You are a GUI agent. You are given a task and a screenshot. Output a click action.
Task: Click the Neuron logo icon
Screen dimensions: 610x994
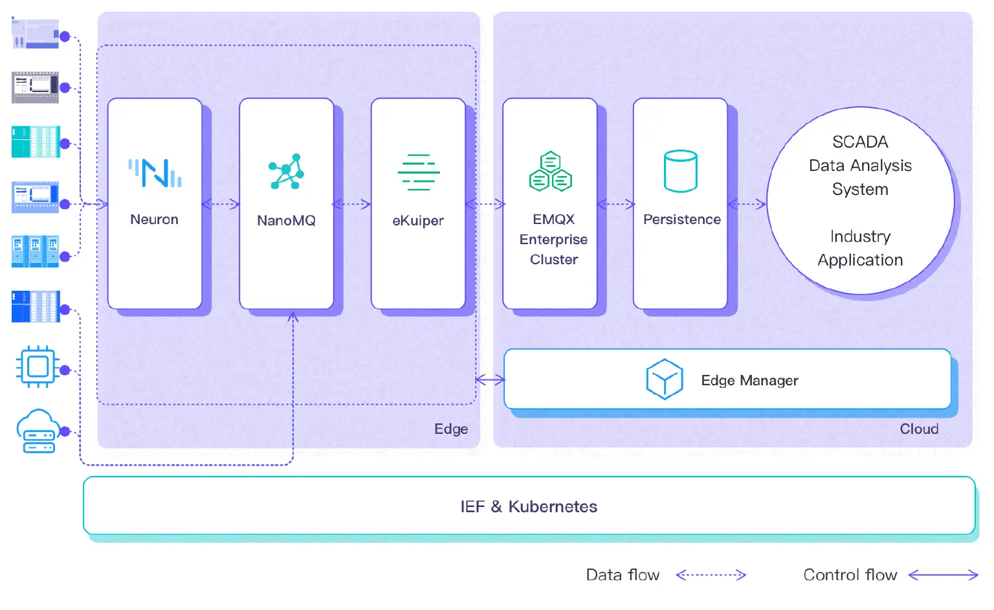pos(155,173)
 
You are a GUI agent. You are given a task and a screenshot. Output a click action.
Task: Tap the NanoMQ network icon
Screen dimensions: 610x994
pos(286,172)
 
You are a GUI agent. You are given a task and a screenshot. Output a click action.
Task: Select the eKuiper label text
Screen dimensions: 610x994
pos(418,221)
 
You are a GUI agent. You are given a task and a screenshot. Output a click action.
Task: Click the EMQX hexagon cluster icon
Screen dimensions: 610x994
pos(551,172)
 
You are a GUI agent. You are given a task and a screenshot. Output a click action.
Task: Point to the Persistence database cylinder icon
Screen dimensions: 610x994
pos(681,172)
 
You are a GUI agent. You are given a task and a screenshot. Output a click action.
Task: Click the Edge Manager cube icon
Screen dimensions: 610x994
pos(665,379)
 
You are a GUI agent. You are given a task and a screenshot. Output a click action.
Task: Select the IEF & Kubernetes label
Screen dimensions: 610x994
pos(529,506)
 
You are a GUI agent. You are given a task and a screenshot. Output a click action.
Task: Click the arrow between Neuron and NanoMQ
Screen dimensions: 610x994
pos(221,205)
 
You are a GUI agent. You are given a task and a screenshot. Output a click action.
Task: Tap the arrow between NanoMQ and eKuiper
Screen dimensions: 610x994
pos(352,205)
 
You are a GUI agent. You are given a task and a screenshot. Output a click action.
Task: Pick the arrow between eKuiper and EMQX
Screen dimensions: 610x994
pos(485,205)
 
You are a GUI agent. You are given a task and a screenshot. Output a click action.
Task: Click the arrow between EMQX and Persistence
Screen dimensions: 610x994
pos(615,205)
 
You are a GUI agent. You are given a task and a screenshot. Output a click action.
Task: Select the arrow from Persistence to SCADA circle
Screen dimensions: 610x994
pos(747,205)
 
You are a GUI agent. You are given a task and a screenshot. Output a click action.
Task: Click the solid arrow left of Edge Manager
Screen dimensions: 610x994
pos(490,380)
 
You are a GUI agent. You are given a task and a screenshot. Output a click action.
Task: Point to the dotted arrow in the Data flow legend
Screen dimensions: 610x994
pos(711,574)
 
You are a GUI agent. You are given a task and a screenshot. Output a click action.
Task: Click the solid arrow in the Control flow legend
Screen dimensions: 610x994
pos(943,574)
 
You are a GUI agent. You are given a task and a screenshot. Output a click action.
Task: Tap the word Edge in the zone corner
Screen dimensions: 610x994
pos(451,429)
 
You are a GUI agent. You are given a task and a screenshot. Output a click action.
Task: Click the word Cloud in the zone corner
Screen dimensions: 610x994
pos(919,429)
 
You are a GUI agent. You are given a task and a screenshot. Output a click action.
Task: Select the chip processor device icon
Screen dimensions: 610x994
pos(38,367)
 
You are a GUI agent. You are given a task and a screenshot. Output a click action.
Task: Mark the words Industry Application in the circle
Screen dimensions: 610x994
pos(860,248)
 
